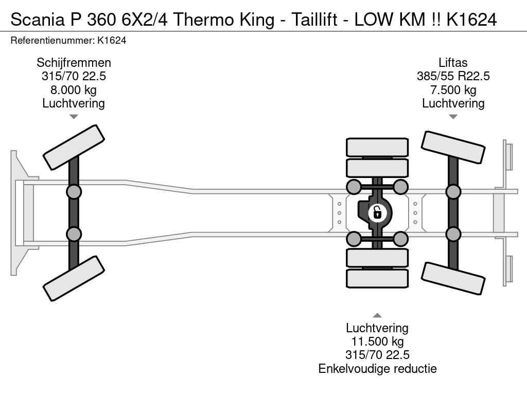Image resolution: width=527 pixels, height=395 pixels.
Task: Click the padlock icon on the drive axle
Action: click(x=377, y=213)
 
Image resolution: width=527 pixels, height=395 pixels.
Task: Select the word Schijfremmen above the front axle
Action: click(x=74, y=63)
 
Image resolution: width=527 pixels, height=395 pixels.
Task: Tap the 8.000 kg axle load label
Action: click(x=74, y=90)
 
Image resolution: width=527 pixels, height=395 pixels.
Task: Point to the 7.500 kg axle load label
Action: click(x=453, y=90)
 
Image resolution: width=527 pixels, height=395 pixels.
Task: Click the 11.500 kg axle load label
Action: click(x=377, y=342)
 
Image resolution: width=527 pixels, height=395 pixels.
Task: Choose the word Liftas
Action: click(x=453, y=63)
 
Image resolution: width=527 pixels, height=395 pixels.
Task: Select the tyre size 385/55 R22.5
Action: click(x=453, y=76)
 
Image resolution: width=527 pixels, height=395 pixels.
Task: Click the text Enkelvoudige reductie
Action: click(x=377, y=369)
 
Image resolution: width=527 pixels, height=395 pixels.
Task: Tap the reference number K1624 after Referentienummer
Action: click(x=112, y=41)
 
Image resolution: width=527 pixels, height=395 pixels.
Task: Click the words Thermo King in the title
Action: click(x=224, y=20)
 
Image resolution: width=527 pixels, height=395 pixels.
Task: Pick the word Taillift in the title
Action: click(x=314, y=20)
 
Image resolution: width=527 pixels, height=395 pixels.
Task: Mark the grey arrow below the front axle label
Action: click(x=74, y=117)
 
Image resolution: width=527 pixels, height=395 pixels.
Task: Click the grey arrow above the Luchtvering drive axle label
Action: click(x=377, y=315)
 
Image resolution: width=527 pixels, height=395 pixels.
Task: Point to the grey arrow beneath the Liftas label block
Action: click(x=453, y=117)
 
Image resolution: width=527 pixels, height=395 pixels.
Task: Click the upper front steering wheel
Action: click(x=74, y=147)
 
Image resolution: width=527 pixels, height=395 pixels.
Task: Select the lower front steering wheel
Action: click(x=74, y=278)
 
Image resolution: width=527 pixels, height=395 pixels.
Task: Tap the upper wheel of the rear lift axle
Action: click(x=453, y=147)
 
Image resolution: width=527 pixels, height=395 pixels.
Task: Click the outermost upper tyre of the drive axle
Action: click(x=377, y=147)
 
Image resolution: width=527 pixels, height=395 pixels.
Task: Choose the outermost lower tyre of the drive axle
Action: click(x=377, y=278)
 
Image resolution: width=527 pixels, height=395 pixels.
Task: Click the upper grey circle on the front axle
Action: click(x=74, y=192)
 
